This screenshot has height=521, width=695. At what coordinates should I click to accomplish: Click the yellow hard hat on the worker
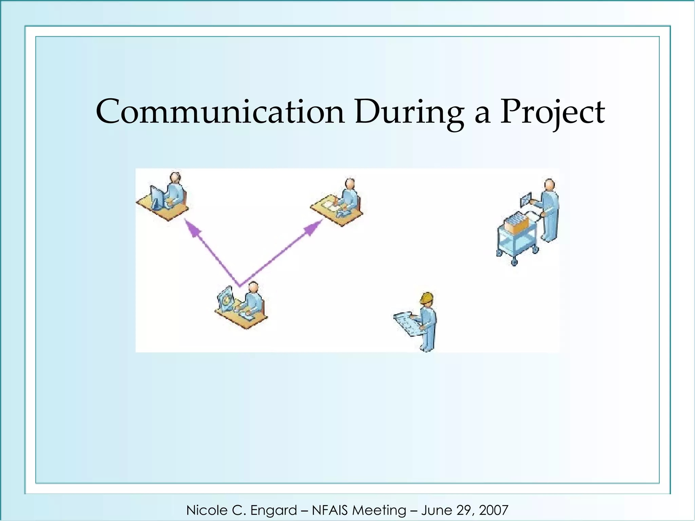(427, 298)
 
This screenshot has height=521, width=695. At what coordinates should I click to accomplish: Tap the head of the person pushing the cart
(549, 185)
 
